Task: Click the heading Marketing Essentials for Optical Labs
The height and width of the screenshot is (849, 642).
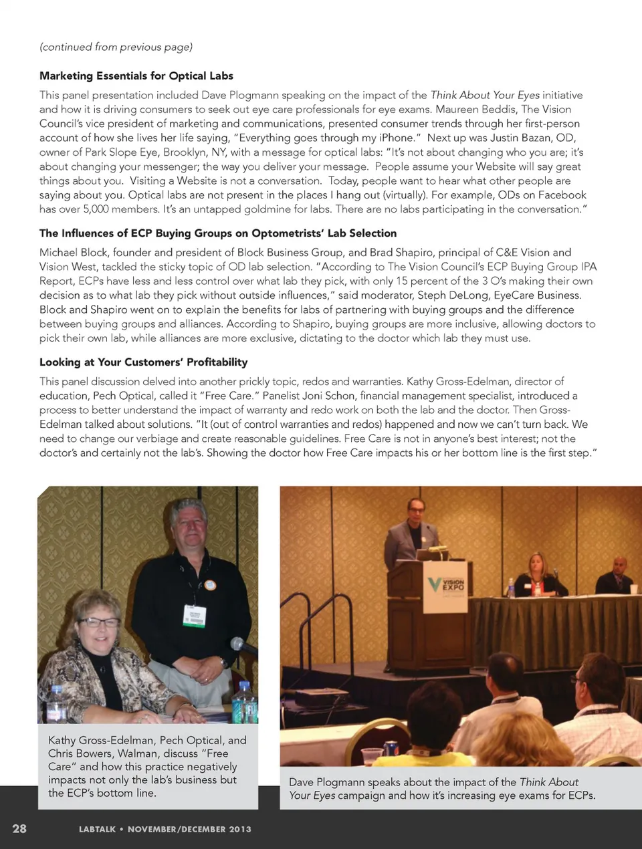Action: [x=136, y=76]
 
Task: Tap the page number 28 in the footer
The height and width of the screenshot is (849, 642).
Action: [x=19, y=828]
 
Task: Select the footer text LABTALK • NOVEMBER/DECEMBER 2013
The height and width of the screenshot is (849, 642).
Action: [x=165, y=829]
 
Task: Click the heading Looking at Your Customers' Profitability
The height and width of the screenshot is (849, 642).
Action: [x=143, y=362]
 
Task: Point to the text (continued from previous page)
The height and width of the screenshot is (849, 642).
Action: [x=116, y=47]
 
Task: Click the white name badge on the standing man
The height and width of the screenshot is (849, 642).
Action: [x=195, y=616]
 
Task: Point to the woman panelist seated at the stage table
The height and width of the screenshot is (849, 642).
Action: [x=539, y=574]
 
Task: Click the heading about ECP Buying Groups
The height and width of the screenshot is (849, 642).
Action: [x=218, y=233]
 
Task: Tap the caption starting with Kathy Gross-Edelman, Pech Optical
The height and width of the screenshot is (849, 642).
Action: [x=147, y=766]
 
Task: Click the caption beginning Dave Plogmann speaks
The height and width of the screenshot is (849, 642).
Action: [x=442, y=788]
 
